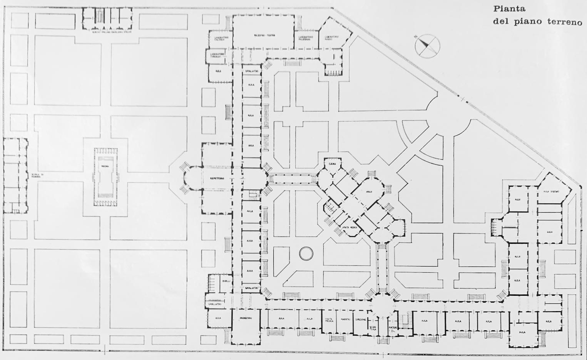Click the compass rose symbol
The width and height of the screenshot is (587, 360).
426,46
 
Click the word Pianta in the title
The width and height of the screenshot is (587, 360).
509,9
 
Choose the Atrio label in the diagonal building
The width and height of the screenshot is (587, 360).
369,192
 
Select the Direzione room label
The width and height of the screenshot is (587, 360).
360,320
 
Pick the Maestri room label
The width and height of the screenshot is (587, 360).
344,320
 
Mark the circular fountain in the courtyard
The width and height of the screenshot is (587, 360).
307,254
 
